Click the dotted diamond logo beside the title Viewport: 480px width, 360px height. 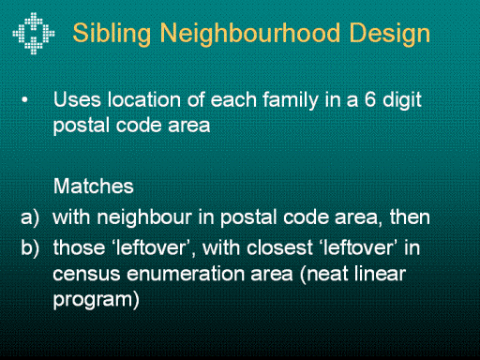click(34, 34)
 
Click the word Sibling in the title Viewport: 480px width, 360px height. click(112, 34)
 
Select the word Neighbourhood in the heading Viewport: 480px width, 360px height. click(249, 34)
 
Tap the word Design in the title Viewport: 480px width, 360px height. click(389, 34)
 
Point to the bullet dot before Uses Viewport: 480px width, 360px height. click(24, 100)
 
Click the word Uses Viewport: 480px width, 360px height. click(77, 99)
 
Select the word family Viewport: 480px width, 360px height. click(291, 100)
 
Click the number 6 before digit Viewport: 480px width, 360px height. click(370, 99)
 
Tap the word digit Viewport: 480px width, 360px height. click(402, 100)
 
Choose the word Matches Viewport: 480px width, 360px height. click(94, 187)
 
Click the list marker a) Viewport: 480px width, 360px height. click(30, 217)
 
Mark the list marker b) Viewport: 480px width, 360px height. click(30, 247)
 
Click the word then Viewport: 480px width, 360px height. click(410, 217)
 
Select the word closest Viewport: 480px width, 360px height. click(279, 247)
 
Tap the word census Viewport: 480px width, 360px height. click(86, 274)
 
